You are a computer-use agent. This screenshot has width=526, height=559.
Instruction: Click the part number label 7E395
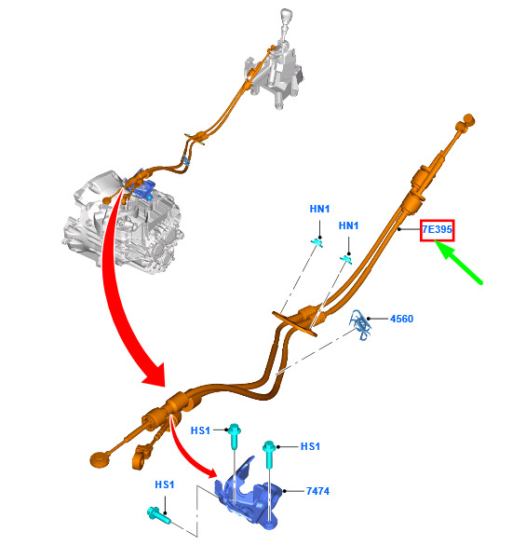coord(437,229)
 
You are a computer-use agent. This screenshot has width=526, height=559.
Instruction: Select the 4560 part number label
coord(401,319)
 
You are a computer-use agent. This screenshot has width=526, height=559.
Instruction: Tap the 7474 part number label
coord(317,491)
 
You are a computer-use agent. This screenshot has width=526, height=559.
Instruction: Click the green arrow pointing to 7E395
coord(459,262)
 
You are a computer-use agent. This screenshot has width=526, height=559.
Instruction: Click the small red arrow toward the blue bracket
coord(189,453)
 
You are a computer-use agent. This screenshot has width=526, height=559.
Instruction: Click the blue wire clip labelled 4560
coord(361,324)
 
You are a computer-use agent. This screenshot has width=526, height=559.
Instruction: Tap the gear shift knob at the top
coord(287,17)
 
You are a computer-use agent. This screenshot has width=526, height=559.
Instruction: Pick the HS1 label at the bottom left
coord(165,484)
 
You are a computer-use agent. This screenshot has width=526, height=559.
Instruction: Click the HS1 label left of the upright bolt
coord(200,430)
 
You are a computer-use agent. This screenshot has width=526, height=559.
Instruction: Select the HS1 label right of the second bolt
coord(310,446)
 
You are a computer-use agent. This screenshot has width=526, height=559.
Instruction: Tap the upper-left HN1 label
coord(319,209)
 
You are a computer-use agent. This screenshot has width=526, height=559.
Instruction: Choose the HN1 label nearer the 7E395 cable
coord(348,225)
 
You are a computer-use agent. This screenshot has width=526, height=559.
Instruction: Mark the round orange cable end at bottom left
coord(100,458)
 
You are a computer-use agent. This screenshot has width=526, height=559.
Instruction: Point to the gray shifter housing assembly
coord(276,75)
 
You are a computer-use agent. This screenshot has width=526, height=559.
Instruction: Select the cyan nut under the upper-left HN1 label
coord(317,243)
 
